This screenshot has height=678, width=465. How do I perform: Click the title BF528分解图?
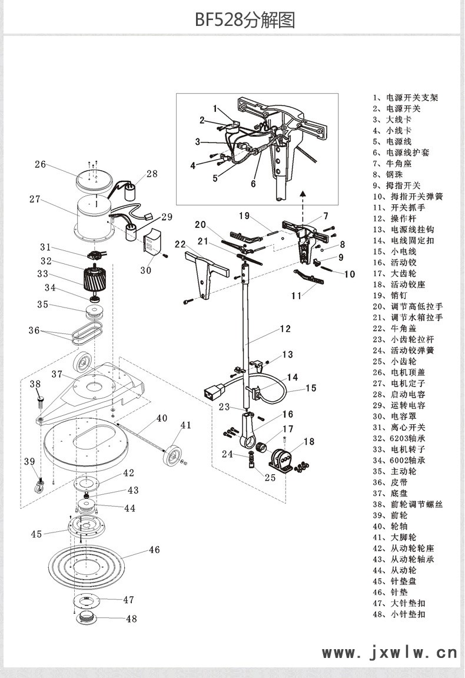pos(245,21)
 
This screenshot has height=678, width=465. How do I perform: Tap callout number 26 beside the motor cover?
pos(40,164)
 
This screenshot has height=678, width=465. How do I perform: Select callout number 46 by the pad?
pos(154,550)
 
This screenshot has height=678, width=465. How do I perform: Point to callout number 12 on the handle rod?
pos(285,329)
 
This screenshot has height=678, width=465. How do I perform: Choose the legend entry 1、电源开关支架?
pos(405,98)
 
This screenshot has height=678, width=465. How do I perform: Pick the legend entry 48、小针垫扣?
pos(398,614)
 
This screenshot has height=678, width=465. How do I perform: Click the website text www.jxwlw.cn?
pos(389,653)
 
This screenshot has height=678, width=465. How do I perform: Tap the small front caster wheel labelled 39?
pos(41,487)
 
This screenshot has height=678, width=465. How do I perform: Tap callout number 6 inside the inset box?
pos(254,183)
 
